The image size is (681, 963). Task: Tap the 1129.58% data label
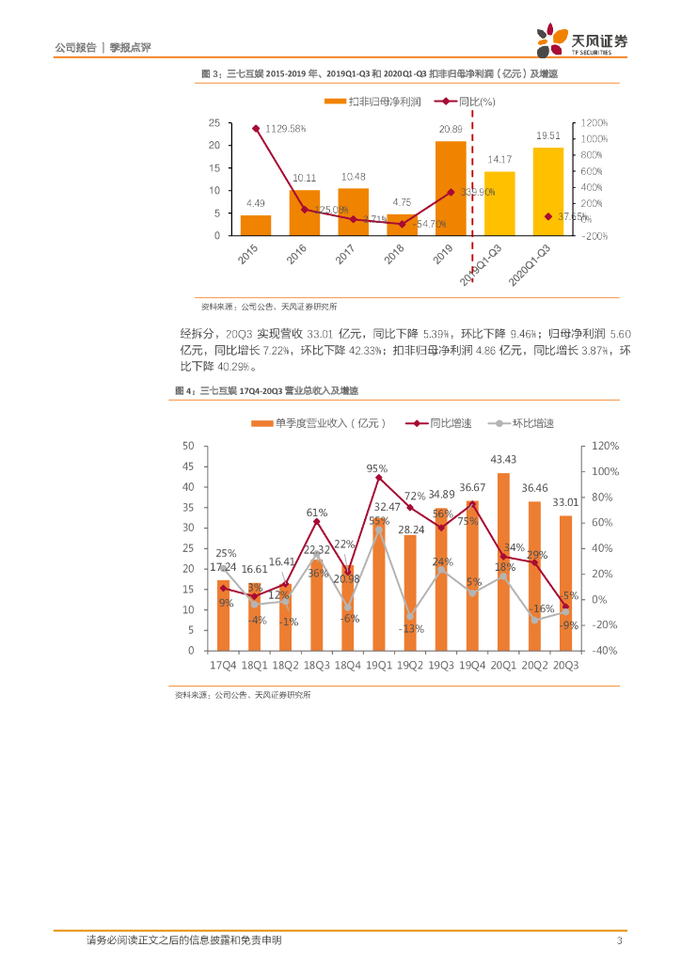pyautogui.click(x=285, y=128)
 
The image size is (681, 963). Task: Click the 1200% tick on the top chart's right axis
pyautogui.click(x=594, y=122)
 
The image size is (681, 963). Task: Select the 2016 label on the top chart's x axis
pyautogui.click(x=296, y=255)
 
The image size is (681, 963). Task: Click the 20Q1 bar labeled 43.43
pyautogui.click(x=503, y=561)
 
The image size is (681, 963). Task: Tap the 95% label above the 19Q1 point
pyautogui.click(x=377, y=467)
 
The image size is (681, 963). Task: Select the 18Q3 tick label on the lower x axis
pyautogui.click(x=316, y=665)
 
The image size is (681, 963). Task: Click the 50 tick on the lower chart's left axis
pyautogui.click(x=188, y=446)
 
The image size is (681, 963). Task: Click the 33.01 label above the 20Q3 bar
pyautogui.click(x=566, y=503)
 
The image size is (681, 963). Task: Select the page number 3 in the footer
pyautogui.click(x=619, y=940)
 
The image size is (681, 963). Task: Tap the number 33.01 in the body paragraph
pyautogui.click(x=322, y=334)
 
